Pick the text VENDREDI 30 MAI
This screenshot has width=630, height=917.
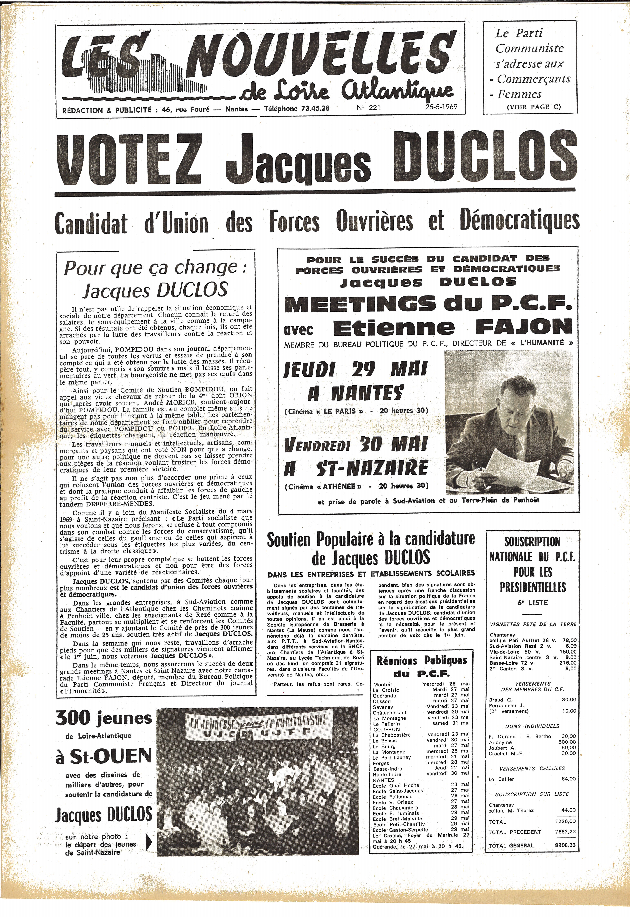coord(355,445)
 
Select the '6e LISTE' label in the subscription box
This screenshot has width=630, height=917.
coord(532,602)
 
